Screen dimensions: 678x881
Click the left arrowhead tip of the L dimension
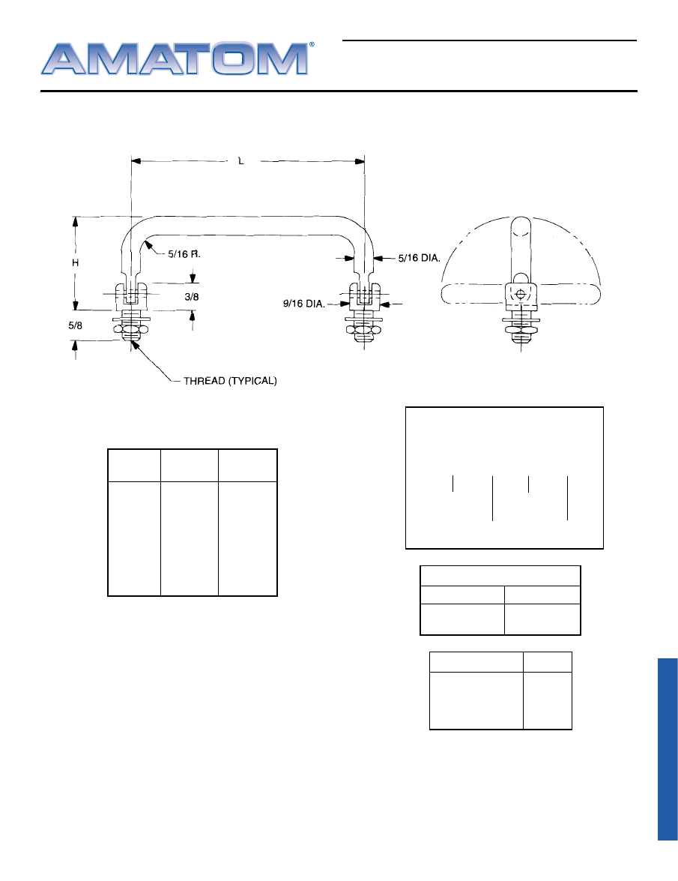coord(131,161)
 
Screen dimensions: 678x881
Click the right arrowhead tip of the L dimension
coord(364,161)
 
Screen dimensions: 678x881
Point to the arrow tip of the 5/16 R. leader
coord(145,241)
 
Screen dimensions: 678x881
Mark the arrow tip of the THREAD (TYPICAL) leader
coord(132,341)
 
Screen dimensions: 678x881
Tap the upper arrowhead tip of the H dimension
coord(76,217)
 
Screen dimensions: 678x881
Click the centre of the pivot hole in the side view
coord(520,294)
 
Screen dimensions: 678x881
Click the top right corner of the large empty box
coord(603,407)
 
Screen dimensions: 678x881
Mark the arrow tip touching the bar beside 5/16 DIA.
coord(373,259)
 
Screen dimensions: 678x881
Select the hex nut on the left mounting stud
coord(131,329)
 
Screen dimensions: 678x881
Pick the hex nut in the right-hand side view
coord(521,329)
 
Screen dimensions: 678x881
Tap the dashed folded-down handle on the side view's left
coord(472,294)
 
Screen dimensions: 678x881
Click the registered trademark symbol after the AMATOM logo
coord(312,44)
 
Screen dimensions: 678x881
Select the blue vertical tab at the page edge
coord(668,749)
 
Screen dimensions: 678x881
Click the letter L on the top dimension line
coord(241,161)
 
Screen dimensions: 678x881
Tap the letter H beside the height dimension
coord(75,263)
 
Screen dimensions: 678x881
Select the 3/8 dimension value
coord(192,297)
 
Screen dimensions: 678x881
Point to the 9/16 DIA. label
coord(303,304)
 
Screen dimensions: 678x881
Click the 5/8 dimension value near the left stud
coord(75,325)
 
